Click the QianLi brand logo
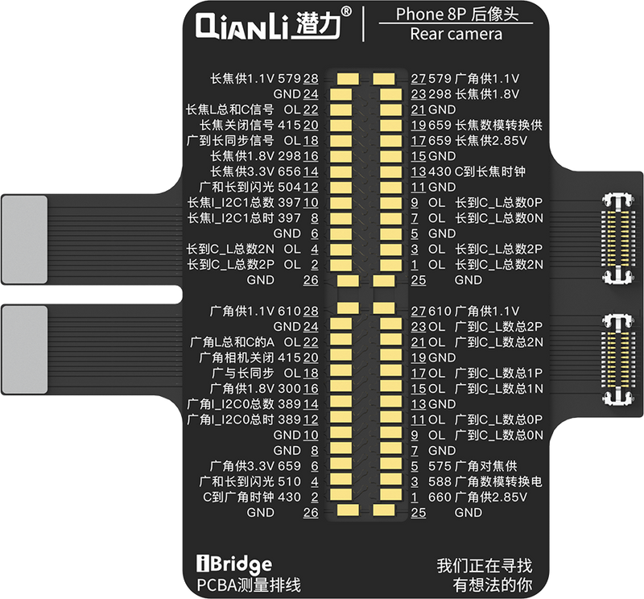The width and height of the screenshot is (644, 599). pyautogui.click(x=273, y=27)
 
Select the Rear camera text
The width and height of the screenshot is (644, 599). pyautogui.click(x=456, y=34)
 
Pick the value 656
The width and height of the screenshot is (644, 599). pyautogui.click(x=289, y=171)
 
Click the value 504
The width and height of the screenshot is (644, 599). pyautogui.click(x=289, y=186)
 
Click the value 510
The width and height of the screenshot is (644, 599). pyautogui.click(x=289, y=481)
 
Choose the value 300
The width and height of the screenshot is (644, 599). pyautogui.click(x=289, y=388)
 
